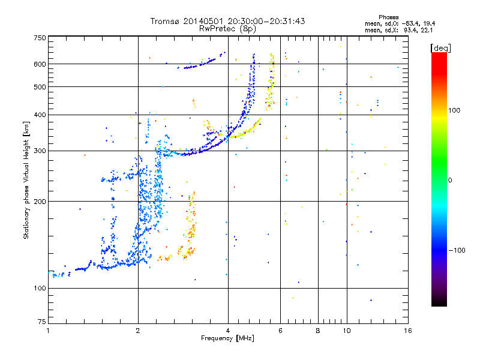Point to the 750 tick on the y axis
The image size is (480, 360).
(x=39, y=38)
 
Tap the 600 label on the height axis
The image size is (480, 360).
(x=39, y=64)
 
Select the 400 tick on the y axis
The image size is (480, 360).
(x=39, y=115)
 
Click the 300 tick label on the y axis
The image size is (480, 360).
(x=39, y=151)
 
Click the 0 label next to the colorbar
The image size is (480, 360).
(x=450, y=180)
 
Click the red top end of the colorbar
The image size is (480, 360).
(x=439, y=56)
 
